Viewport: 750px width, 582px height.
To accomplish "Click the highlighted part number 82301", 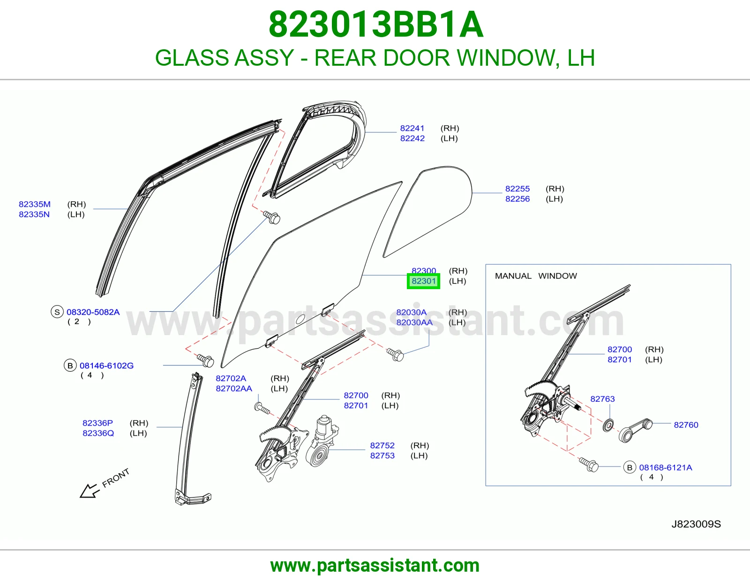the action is pyautogui.click(x=423, y=281).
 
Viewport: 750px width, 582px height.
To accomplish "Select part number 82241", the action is pyautogui.click(x=412, y=128).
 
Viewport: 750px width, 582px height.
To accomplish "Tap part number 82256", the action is pyautogui.click(x=517, y=199).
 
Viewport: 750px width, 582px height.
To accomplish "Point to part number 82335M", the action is pyautogui.click(x=35, y=204).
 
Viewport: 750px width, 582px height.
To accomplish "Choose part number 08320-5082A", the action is pyautogui.click(x=93, y=312).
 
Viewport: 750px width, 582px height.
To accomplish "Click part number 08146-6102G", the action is pyautogui.click(x=107, y=366).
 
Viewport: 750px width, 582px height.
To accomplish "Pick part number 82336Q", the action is pyautogui.click(x=98, y=433).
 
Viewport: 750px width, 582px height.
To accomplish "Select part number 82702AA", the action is pyautogui.click(x=234, y=389).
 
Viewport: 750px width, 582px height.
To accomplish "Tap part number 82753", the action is pyautogui.click(x=382, y=455).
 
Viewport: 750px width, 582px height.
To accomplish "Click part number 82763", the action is pyautogui.click(x=603, y=399).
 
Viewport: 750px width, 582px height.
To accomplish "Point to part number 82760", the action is pyautogui.click(x=686, y=425).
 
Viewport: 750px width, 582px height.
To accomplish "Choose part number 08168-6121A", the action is pyautogui.click(x=666, y=467).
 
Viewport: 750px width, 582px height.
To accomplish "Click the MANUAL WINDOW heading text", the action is pyautogui.click(x=536, y=276).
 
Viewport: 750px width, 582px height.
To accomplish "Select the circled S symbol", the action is pyautogui.click(x=57, y=312).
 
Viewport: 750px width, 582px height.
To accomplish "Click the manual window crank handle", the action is pyautogui.click(x=635, y=430).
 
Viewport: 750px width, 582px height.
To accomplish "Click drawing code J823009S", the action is pyautogui.click(x=696, y=524).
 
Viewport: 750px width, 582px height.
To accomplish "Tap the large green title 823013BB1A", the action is pyautogui.click(x=376, y=24).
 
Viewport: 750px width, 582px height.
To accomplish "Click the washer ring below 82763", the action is pyautogui.click(x=608, y=425).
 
